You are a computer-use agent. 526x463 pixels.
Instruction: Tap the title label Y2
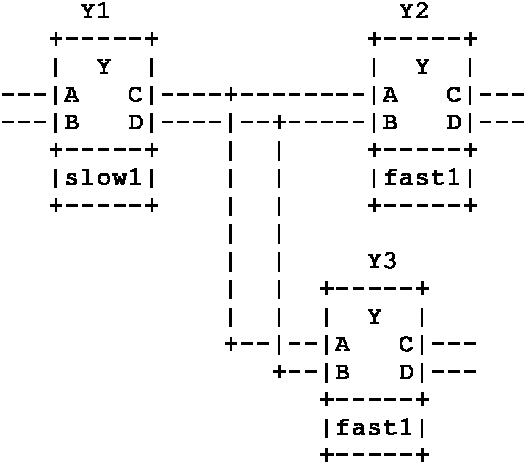pyautogui.click(x=414, y=11)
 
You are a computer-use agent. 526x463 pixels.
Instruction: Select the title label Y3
pyautogui.click(x=383, y=261)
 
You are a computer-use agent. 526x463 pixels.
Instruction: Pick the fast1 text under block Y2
pyautogui.click(x=422, y=178)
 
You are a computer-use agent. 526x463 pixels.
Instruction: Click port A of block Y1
pyautogui.click(x=71, y=94)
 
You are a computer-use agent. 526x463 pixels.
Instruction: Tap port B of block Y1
pyautogui.click(x=71, y=122)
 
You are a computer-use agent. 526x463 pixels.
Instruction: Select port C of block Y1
pyautogui.click(x=135, y=94)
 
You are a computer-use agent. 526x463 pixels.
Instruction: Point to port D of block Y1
pyautogui.click(x=135, y=122)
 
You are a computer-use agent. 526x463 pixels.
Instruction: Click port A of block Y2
pyautogui.click(x=390, y=94)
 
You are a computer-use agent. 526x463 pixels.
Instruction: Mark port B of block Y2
pyautogui.click(x=390, y=122)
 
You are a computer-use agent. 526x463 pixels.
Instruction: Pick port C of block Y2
pyautogui.click(x=454, y=94)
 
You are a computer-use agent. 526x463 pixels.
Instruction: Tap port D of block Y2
pyautogui.click(x=454, y=122)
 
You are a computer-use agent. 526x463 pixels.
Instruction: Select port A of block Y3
pyautogui.click(x=342, y=344)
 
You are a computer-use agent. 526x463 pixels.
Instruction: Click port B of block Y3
pyautogui.click(x=342, y=372)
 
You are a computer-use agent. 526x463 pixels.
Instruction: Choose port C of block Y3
pyautogui.click(x=406, y=344)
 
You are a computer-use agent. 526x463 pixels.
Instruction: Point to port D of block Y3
pyautogui.click(x=406, y=372)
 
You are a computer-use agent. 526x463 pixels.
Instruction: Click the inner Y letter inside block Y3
pyautogui.click(x=375, y=317)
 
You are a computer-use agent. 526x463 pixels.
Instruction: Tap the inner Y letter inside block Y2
pyautogui.click(x=422, y=67)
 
